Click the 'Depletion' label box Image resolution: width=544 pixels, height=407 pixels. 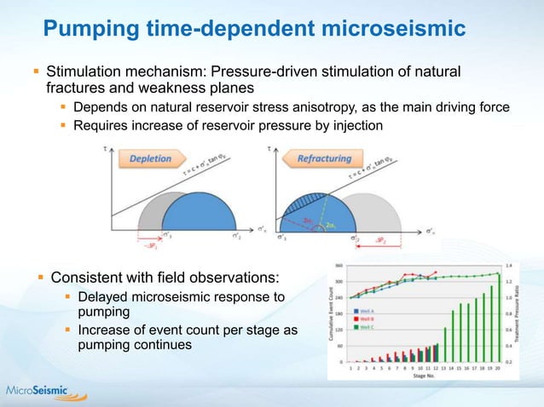(150, 158)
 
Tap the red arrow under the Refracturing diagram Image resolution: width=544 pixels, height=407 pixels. (359, 241)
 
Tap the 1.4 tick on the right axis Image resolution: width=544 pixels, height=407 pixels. (509, 265)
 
